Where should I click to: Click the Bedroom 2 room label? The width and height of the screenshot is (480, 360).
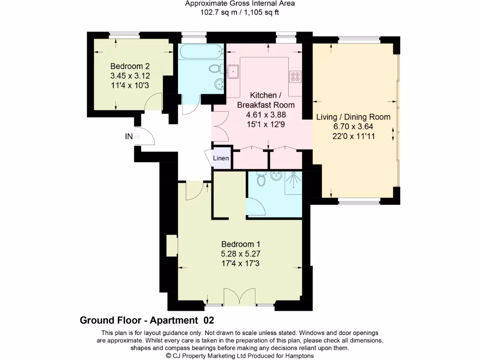click(x=129, y=66)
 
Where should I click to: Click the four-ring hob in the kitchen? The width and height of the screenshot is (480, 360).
click(x=295, y=76)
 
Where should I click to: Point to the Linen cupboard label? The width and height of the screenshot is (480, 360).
click(x=221, y=158)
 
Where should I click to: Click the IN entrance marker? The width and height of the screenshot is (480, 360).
click(x=129, y=136)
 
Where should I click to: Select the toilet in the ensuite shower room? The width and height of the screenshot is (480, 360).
click(x=262, y=179)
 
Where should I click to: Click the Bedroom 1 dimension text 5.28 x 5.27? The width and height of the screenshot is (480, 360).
click(x=240, y=254)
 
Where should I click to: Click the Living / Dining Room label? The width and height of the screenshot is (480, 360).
click(x=353, y=117)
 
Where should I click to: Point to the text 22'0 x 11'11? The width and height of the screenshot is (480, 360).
click(x=353, y=136)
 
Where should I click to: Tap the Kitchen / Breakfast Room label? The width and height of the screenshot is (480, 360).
click(x=266, y=100)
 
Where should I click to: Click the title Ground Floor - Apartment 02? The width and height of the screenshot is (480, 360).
click(x=147, y=321)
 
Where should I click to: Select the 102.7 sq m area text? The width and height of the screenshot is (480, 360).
click(x=217, y=13)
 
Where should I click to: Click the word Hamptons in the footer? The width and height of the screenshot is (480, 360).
click(x=299, y=356)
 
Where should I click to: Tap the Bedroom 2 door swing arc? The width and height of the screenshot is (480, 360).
click(x=152, y=102)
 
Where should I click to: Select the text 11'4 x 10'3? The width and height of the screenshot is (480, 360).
click(x=129, y=85)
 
